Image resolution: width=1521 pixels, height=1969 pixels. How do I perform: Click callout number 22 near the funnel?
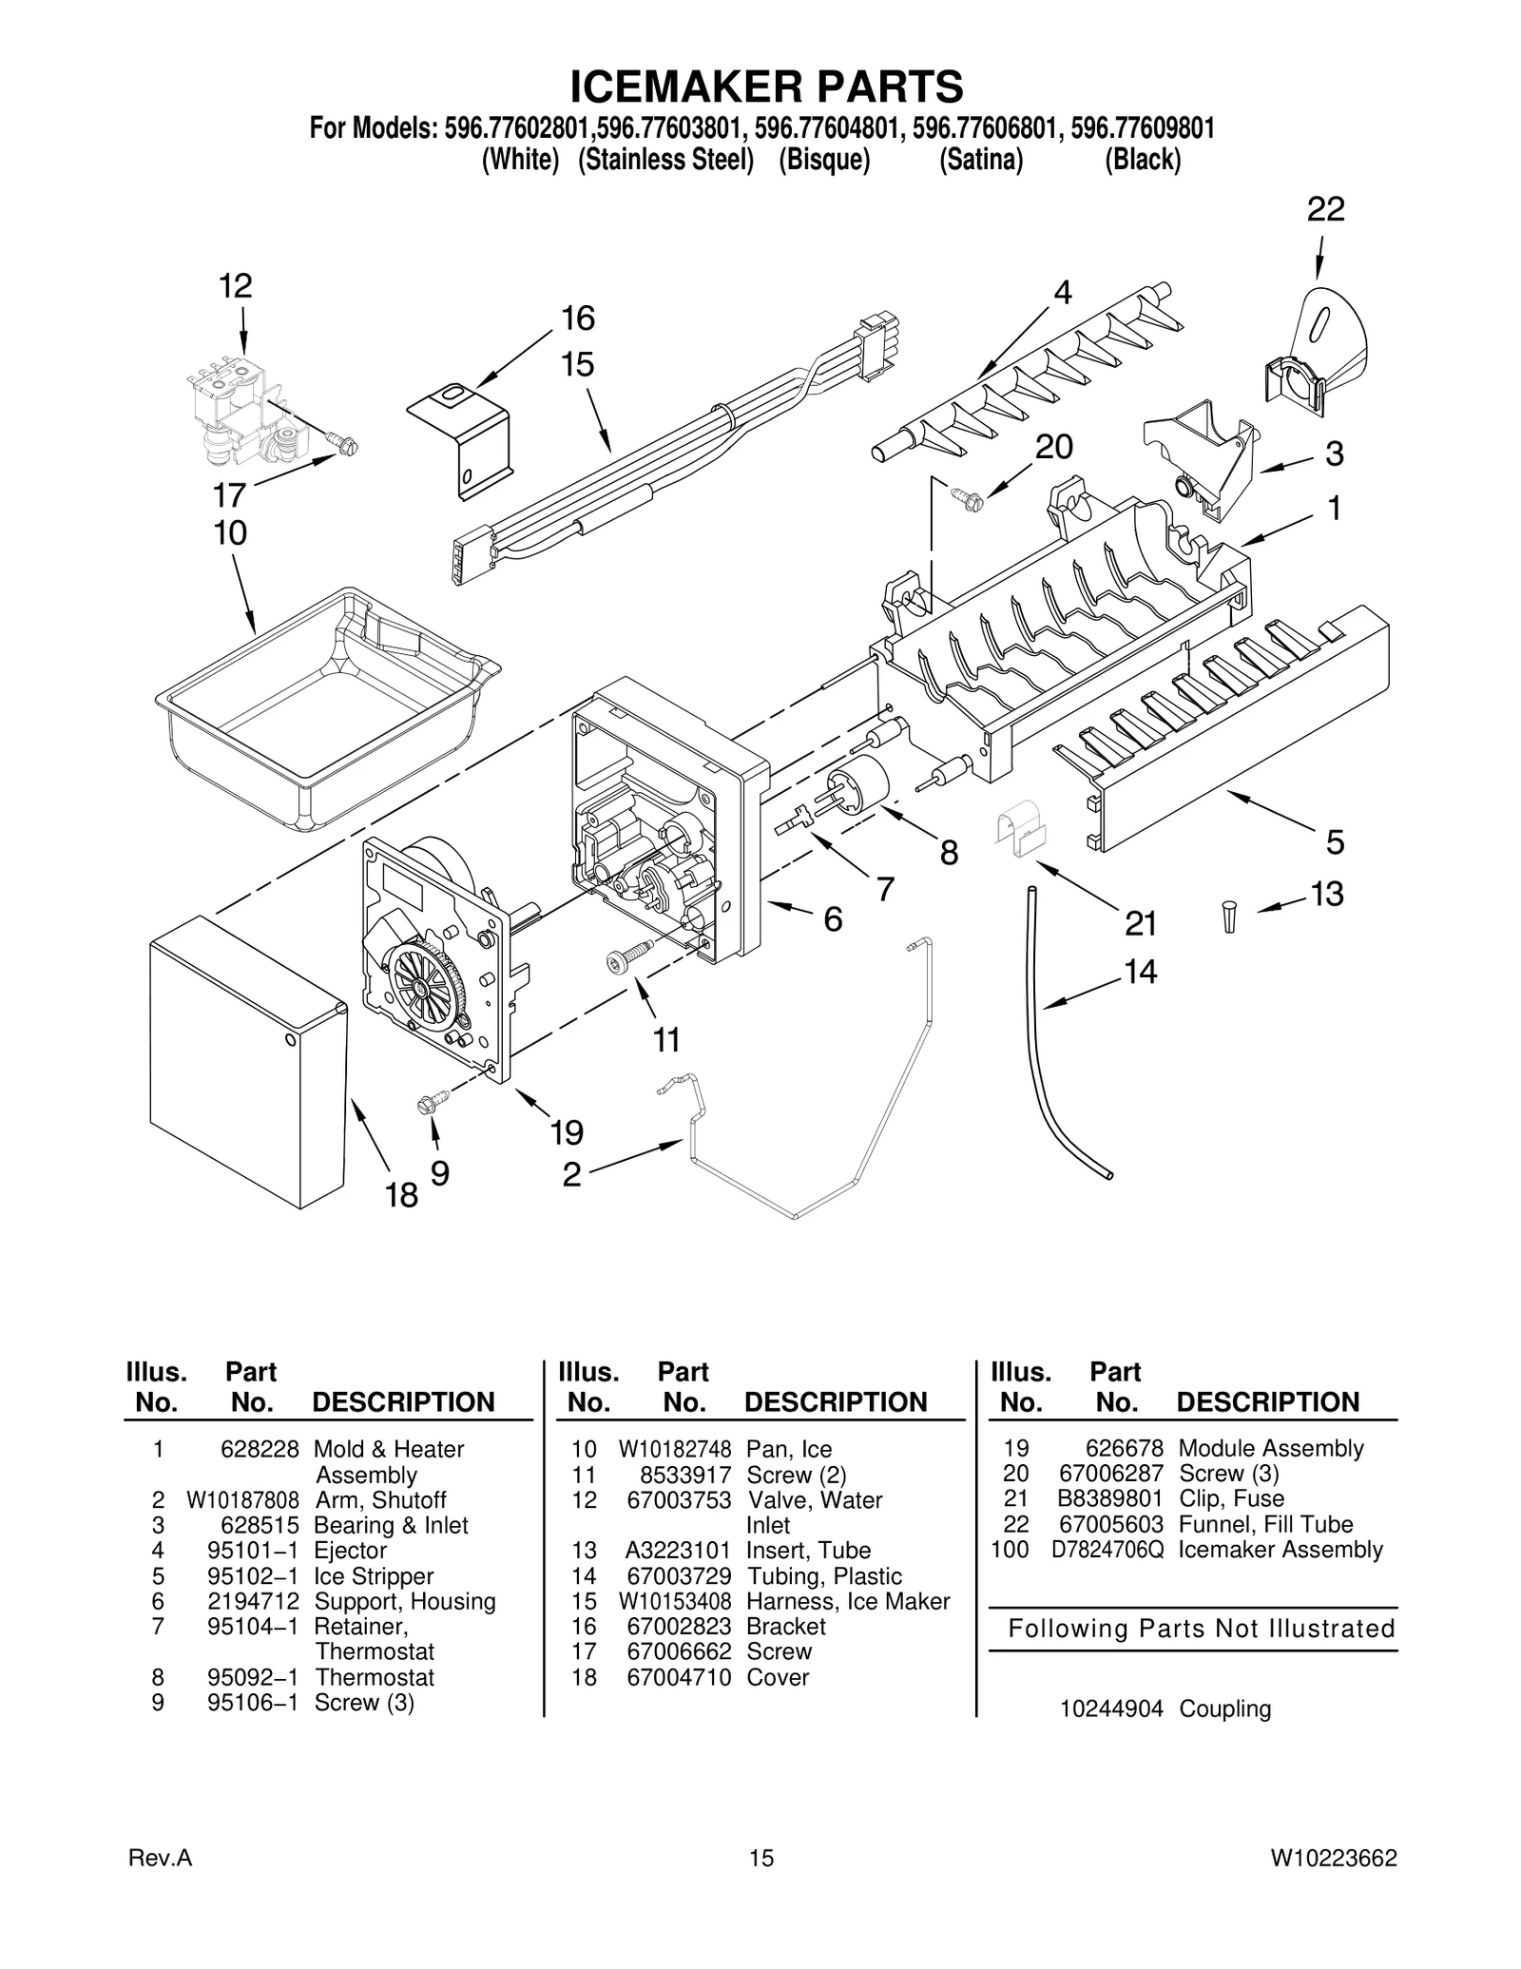point(1325,209)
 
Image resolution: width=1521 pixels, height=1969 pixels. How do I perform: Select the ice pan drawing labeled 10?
point(323,713)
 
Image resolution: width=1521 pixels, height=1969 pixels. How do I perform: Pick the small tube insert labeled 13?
point(1229,917)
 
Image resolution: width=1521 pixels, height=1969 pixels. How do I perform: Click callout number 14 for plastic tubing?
point(1140,971)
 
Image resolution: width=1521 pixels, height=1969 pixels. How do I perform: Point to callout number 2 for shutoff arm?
point(571,1175)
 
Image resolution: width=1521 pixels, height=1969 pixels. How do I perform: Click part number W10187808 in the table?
point(242,1500)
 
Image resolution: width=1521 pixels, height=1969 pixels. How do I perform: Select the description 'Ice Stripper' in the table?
point(374,1576)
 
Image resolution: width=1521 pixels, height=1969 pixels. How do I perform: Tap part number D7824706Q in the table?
point(1107,1550)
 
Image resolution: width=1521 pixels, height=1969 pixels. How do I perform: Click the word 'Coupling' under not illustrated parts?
point(1224,1708)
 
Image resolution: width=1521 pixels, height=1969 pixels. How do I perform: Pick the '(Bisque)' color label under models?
point(824,161)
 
